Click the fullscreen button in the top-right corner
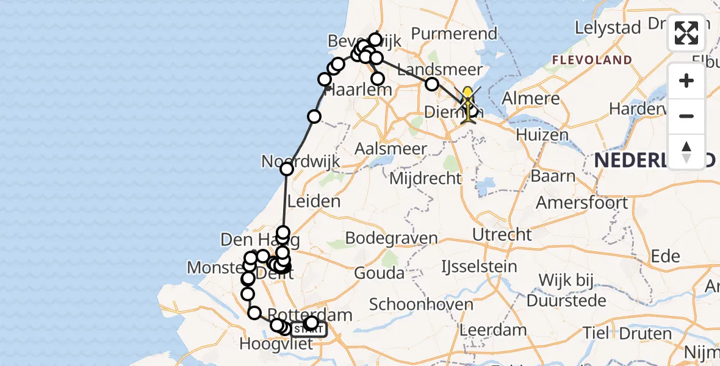pos(686,33)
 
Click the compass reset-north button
pos(686,152)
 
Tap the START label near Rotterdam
pos(308,330)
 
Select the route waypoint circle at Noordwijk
pos(287,169)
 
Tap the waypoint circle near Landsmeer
pos(432,84)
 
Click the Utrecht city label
pos(502,234)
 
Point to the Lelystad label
pos(608,28)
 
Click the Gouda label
pos(379,273)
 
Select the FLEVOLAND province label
pos(592,60)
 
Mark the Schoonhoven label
pos(421,304)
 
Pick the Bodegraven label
pos(391,238)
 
